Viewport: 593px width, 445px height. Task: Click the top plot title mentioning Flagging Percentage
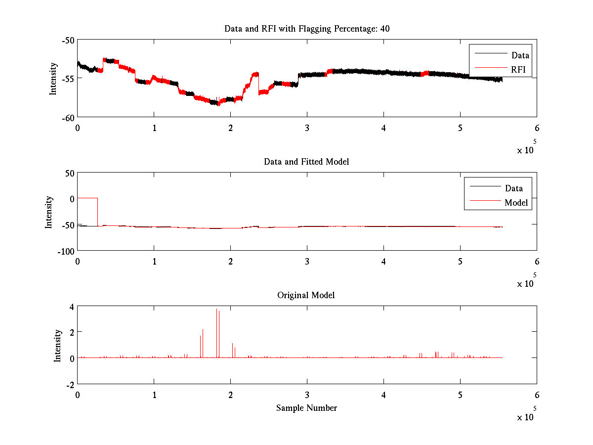pyautogui.click(x=307, y=29)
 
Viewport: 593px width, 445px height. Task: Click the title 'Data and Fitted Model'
pyautogui.click(x=306, y=162)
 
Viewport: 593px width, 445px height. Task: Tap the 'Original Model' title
pyautogui.click(x=306, y=295)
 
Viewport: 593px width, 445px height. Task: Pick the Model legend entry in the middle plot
pyautogui.click(x=516, y=202)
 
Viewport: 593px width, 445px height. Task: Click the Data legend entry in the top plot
pyautogui.click(x=520, y=55)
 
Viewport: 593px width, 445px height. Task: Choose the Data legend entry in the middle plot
pyautogui.click(x=513, y=188)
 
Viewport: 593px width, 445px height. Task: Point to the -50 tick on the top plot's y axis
pyautogui.click(x=68, y=40)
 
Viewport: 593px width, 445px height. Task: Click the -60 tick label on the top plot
pyautogui.click(x=68, y=117)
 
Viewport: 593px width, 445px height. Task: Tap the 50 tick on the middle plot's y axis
pyautogui.click(x=69, y=173)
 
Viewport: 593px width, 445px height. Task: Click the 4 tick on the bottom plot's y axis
pyautogui.click(x=72, y=307)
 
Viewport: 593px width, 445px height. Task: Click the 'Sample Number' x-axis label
pyautogui.click(x=306, y=408)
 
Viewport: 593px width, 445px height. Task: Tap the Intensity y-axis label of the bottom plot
pyautogui.click(x=58, y=345)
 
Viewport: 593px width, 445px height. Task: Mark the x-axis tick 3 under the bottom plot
pyautogui.click(x=307, y=395)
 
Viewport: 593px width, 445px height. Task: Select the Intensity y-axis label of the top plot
pyautogui.click(x=53, y=79)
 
